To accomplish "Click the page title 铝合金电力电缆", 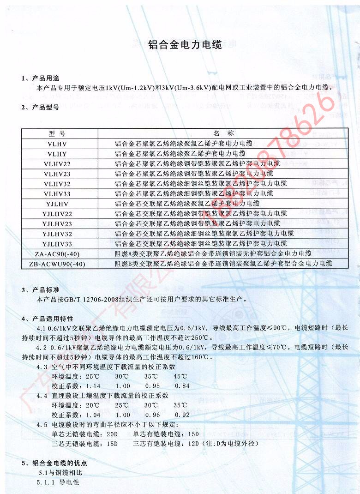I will pyautogui.click(x=185, y=45).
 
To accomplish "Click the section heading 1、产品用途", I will pyautogui.click(x=41, y=78).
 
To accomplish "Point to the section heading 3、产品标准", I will pyautogui.click(x=41, y=290).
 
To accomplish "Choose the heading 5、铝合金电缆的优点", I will pyautogui.click(x=54, y=463).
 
